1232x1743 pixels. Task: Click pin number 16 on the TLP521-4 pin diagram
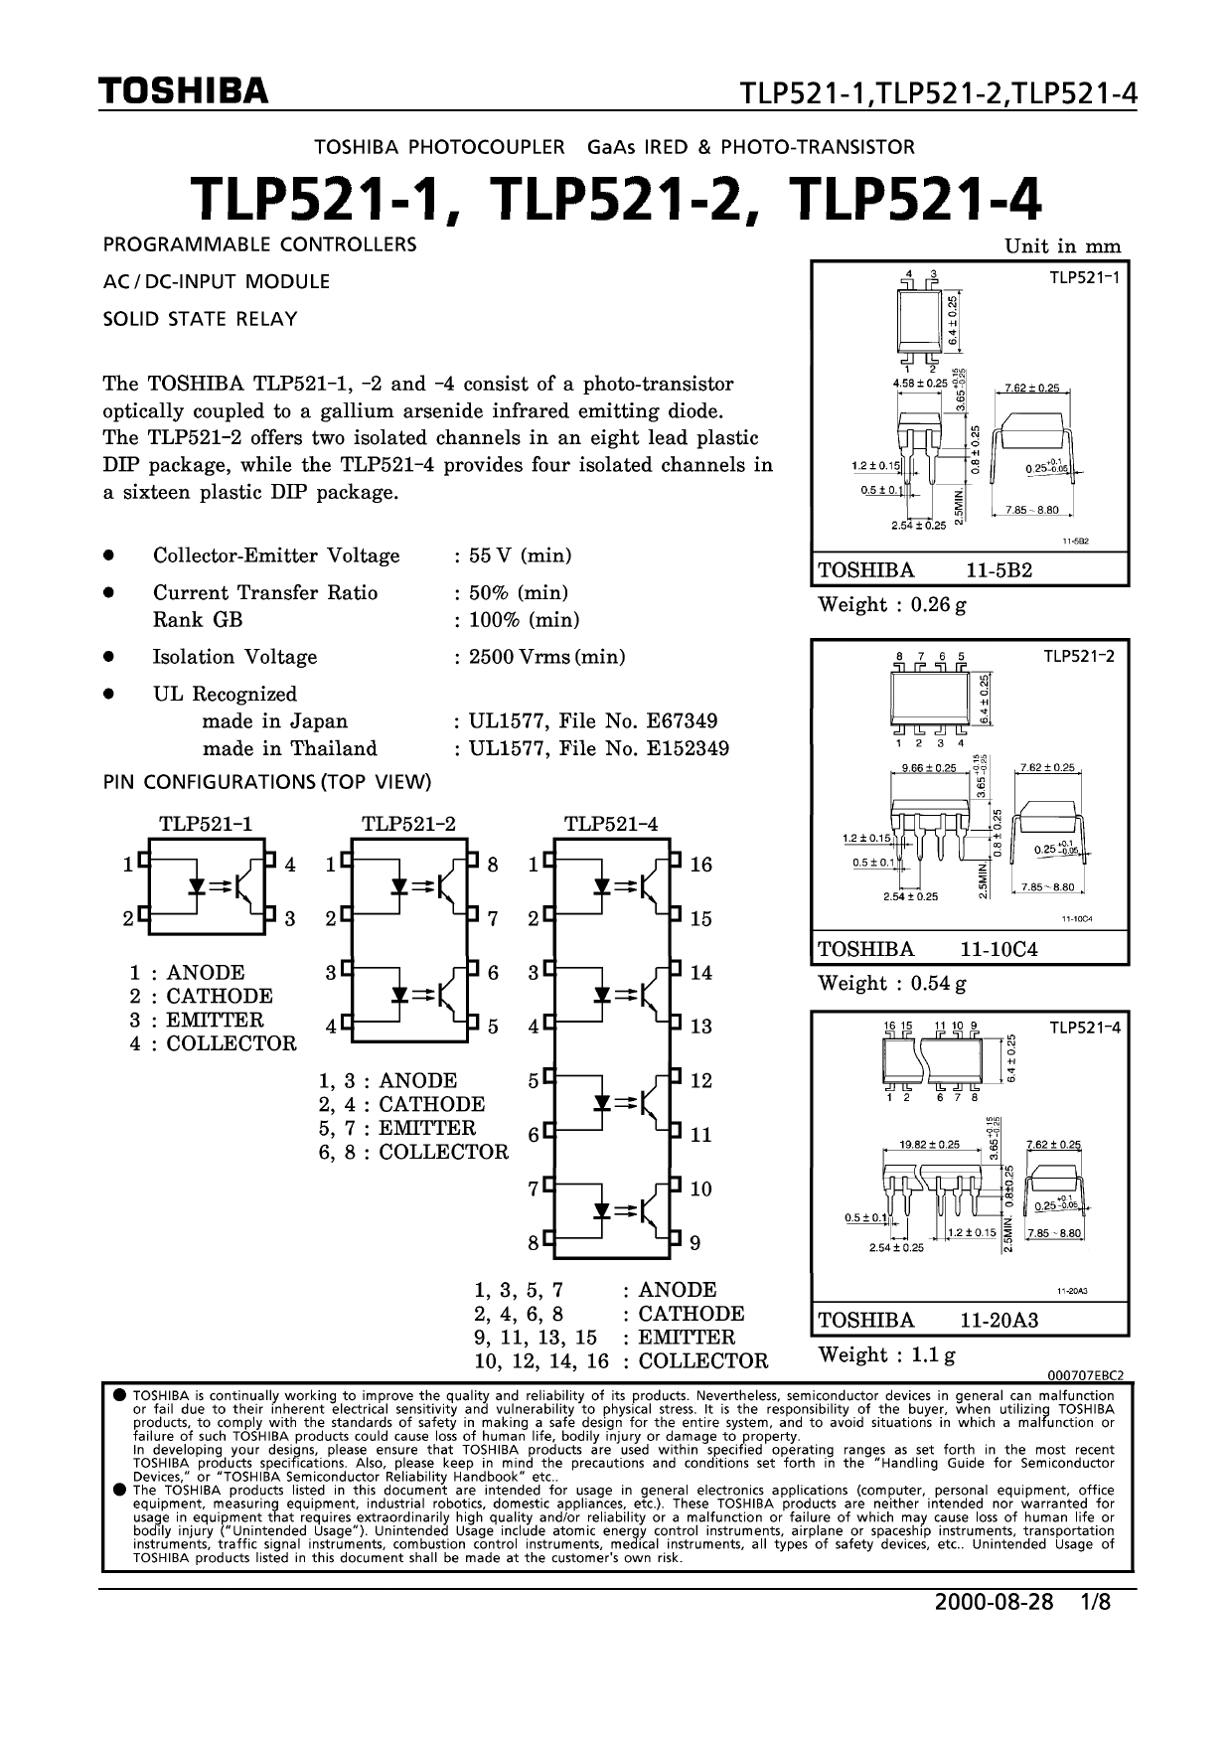pos(701,865)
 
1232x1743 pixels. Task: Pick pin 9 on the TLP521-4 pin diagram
pos(695,1242)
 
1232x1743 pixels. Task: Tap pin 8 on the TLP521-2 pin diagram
pos(493,865)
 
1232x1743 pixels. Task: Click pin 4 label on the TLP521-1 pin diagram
pos(290,865)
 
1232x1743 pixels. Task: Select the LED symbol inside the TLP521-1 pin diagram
pos(198,884)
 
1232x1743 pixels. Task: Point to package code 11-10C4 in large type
pos(999,948)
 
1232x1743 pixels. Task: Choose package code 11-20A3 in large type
pos(999,1320)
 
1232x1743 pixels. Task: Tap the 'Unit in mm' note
pos(1062,246)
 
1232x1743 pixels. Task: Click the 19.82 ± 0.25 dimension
pos(930,1145)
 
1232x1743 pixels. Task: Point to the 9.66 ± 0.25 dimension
pos(928,768)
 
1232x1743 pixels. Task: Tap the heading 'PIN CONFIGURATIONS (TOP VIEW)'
pos(267,782)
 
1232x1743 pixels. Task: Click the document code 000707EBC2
pos(1085,1374)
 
